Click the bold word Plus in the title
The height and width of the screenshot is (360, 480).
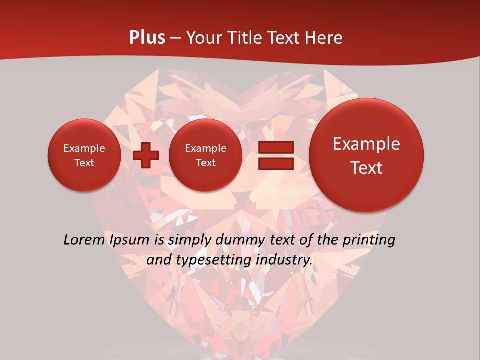point(147,38)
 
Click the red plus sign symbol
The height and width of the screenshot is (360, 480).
point(145,155)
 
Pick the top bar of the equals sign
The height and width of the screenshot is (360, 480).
point(275,147)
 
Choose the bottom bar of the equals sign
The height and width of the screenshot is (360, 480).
point(275,163)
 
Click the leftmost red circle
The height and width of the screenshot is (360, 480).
point(84,155)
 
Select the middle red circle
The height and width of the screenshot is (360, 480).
point(205,155)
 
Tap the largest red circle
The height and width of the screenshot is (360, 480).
point(366,155)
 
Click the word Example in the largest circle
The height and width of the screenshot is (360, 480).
point(366,144)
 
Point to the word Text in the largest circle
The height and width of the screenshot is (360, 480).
point(366,168)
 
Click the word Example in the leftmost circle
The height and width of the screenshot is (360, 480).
point(84,148)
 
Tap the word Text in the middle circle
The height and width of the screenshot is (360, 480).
point(205,163)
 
